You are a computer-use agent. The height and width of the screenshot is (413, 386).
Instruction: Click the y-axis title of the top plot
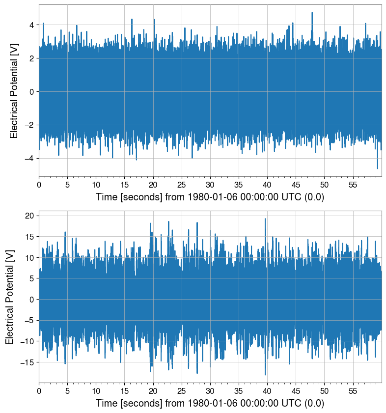pos(14,91)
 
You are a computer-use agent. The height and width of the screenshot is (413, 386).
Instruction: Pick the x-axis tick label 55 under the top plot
pos(353,184)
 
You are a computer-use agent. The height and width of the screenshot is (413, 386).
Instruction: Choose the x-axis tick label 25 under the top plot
pos(182,184)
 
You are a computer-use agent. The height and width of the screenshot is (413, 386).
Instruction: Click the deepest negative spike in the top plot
pos(378,168)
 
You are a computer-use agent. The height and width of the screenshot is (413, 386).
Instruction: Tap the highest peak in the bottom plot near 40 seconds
pos(265,219)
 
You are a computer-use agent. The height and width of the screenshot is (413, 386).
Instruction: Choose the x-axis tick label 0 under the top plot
pos(39,184)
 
